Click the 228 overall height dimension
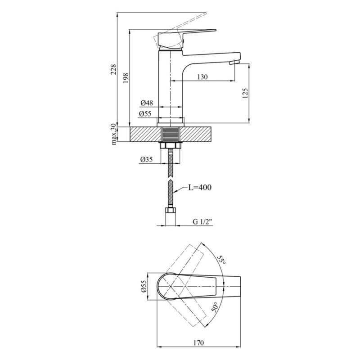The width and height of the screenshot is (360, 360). coord(114,69)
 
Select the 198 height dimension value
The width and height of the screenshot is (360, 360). coord(126,78)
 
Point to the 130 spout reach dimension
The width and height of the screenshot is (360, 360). coord(202,76)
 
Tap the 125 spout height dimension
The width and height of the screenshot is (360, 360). coord(245,93)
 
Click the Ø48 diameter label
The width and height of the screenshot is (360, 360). coord(147,103)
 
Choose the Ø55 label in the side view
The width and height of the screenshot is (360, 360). coord(145,113)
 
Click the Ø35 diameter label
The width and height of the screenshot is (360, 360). coord(146,159)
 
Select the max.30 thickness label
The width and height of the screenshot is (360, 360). coord(114,134)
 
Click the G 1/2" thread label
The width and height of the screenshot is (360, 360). coord(202,222)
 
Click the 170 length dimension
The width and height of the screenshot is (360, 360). coord(198,343)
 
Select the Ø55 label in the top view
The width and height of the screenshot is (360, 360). coord(144,286)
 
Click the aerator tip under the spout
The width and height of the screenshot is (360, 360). coord(234,62)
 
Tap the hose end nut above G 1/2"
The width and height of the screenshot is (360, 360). coord(171,210)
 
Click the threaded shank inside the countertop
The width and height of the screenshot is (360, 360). coord(170,134)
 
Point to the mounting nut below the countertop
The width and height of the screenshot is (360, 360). coord(170,145)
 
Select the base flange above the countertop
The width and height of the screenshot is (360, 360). coord(171,125)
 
